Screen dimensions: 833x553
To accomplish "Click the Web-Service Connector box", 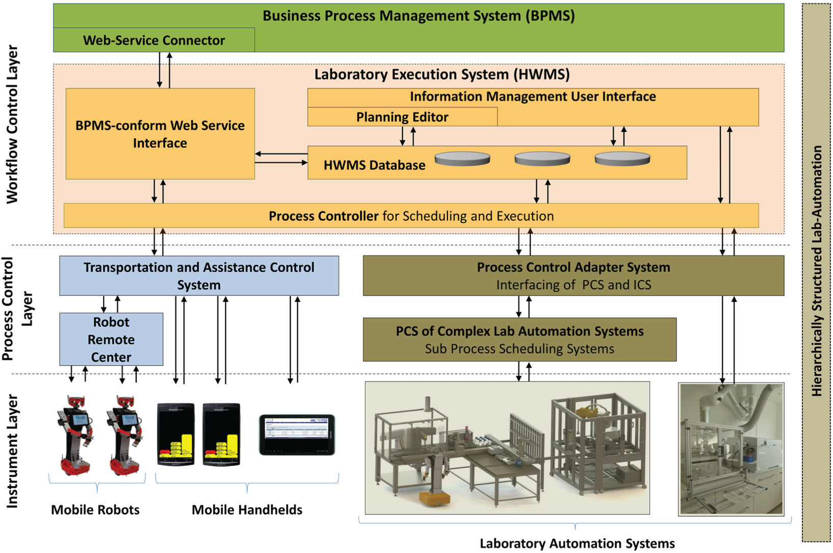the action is tap(154, 40).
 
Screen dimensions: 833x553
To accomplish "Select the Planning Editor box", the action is tap(402, 117).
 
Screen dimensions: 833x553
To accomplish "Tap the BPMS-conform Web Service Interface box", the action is tap(160, 134).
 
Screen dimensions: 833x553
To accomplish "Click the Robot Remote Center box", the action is tap(111, 339).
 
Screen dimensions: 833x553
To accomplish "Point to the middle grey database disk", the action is tap(542, 159).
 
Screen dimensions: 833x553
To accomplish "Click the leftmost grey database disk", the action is tap(462, 159).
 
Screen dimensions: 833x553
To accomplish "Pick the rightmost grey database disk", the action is tap(622, 159).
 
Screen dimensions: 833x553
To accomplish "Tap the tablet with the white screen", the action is tap(297, 435).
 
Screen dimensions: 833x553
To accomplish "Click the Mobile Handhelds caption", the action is tap(247, 510).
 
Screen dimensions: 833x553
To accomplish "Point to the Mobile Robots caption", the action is tap(95, 510).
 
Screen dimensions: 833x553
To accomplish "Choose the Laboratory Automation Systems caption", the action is tap(577, 543).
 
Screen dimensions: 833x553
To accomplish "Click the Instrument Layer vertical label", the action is tap(12, 451).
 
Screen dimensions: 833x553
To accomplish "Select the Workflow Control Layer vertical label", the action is tap(12, 124).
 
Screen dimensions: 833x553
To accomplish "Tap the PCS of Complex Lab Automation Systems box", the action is tap(519, 340).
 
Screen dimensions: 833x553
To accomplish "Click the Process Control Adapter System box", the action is tap(573, 275).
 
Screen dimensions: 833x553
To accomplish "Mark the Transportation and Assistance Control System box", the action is tap(199, 275).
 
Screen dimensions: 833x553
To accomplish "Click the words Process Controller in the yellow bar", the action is tap(323, 216).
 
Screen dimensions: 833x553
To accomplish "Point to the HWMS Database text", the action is tap(374, 165).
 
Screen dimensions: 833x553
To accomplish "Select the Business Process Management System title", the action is tap(419, 16).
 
